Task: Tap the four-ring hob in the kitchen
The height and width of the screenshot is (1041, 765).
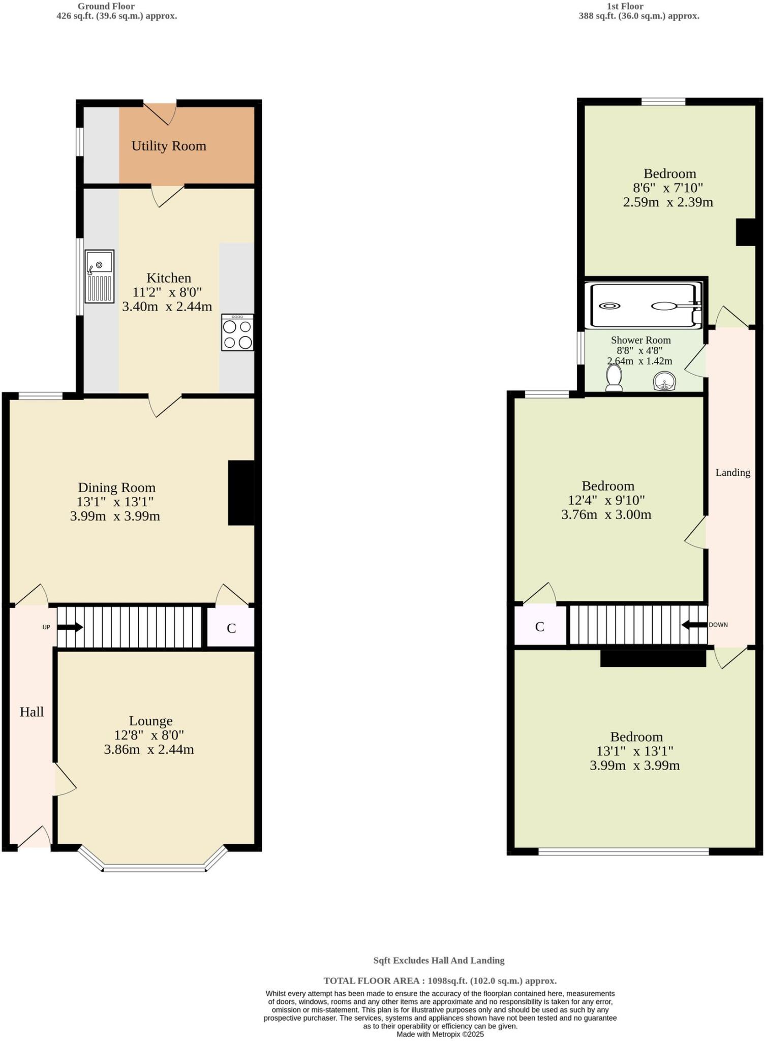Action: tap(237, 332)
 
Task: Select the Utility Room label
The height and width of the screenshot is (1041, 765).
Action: tap(169, 146)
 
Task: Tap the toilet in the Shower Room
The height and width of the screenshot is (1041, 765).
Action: tap(614, 379)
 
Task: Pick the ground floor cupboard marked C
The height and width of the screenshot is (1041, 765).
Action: tap(231, 628)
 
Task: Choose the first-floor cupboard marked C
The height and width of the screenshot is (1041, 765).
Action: tap(540, 627)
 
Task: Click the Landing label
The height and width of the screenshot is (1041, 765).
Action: tap(732, 472)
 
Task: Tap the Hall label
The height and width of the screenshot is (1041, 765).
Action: tap(32, 712)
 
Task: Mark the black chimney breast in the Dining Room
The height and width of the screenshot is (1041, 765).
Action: tap(240, 492)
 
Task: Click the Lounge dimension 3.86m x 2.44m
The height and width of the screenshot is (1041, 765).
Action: tap(149, 749)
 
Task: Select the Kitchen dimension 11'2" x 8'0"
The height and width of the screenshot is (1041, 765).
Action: tap(167, 292)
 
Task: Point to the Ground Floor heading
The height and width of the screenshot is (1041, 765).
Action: tap(106, 7)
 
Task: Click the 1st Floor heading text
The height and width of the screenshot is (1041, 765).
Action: tap(625, 7)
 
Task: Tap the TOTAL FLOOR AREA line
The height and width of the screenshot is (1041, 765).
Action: tap(440, 981)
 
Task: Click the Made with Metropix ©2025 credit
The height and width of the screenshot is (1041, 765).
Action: tap(440, 1034)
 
